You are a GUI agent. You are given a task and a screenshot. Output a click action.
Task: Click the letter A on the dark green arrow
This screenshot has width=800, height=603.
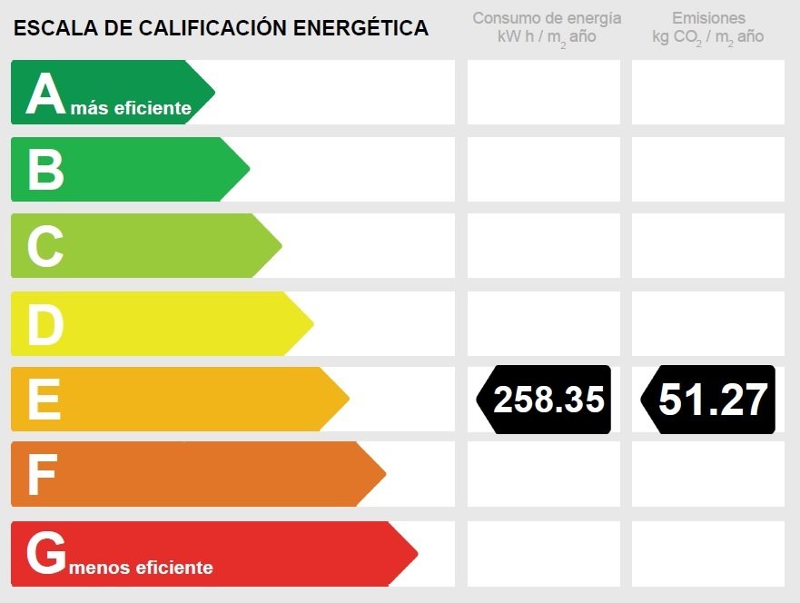[46, 93]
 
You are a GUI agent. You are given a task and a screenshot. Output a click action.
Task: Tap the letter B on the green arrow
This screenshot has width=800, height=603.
[46, 170]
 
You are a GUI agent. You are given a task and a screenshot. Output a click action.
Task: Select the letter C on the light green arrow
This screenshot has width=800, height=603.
[45, 246]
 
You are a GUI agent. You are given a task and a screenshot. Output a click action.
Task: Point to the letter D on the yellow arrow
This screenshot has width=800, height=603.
[45, 324]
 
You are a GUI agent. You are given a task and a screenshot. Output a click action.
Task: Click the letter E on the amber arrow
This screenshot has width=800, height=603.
[44, 399]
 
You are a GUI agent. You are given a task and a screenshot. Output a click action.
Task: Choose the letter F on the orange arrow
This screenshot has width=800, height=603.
[42, 475]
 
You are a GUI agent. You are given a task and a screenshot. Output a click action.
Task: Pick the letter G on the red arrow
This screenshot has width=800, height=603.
[46, 552]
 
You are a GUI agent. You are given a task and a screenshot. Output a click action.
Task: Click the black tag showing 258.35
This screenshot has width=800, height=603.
[544, 400]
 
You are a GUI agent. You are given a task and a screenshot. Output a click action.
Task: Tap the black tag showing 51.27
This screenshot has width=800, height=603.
[708, 400]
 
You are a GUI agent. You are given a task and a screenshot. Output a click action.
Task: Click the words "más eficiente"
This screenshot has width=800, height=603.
[131, 108]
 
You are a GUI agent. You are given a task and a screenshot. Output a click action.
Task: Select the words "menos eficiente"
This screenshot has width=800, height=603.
[141, 568]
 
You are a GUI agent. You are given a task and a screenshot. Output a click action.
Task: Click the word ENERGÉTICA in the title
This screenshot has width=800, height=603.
[360, 27]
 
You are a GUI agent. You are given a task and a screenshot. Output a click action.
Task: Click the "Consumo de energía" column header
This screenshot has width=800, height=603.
[547, 18]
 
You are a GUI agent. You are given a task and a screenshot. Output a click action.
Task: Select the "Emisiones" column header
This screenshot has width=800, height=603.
[708, 18]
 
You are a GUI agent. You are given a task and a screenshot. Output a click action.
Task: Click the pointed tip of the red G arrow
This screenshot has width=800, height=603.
[418, 554]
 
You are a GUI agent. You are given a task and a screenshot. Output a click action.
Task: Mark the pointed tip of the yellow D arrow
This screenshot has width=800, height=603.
[313, 324]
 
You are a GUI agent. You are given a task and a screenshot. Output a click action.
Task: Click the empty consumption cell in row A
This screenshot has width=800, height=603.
[544, 93]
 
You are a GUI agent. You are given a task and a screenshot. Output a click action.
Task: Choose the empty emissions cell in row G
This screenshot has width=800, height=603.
[708, 554]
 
